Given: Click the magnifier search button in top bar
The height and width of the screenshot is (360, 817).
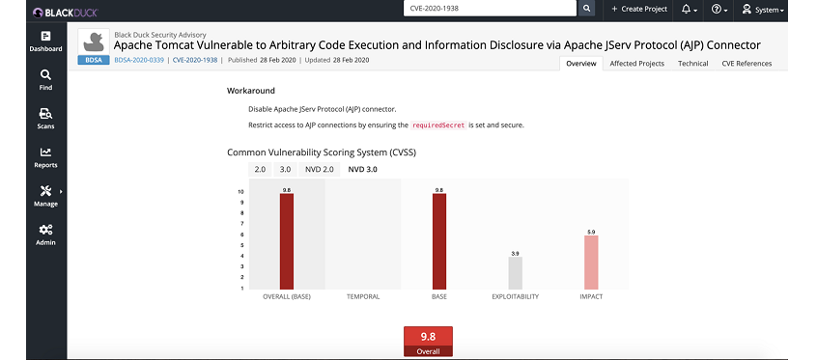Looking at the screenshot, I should tap(586, 9).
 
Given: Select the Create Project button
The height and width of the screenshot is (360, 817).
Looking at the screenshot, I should tap(639, 9).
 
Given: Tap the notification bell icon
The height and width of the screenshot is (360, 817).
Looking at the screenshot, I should tap(688, 9).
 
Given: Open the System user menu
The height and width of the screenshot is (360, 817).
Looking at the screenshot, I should tap(762, 9).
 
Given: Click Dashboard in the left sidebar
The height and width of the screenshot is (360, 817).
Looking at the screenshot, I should tap(45, 41).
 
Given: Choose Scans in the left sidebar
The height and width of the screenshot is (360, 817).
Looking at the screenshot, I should tap(45, 118).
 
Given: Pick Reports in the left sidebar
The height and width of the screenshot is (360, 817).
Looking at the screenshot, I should tap(45, 156).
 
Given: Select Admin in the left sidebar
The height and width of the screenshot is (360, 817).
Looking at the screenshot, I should tap(45, 234).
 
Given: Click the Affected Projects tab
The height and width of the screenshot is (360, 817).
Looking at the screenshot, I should tap(636, 64).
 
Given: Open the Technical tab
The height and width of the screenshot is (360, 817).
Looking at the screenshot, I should tap(692, 64).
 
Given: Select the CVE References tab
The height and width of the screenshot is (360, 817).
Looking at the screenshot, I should tap(747, 64).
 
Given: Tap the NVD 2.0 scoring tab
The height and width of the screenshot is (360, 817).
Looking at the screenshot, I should tap(319, 169).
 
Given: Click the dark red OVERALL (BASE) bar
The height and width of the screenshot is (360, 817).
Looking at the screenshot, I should tap(286, 240).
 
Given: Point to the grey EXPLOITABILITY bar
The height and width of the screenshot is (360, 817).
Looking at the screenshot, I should tap(515, 272).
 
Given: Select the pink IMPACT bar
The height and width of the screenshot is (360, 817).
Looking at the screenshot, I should tap(591, 262).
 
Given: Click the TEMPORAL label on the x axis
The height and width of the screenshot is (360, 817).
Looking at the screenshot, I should tap(362, 296).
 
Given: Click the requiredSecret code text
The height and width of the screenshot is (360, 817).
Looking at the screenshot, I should tap(438, 125).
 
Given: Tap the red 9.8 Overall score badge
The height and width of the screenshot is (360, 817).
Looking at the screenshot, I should tap(428, 342).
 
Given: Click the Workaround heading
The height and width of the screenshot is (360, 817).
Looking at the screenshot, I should tap(251, 90).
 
